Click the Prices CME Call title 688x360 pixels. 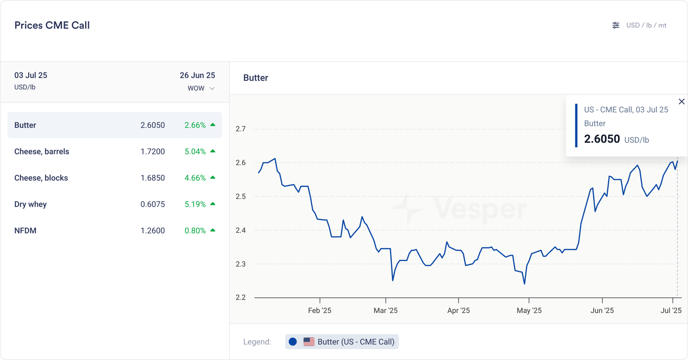click(52, 25)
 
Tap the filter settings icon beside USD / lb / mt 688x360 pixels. click(616, 25)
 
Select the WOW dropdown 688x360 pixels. click(201, 88)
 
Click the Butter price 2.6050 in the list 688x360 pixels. click(153, 125)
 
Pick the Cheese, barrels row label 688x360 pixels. click(42, 151)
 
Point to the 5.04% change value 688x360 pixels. click(195, 151)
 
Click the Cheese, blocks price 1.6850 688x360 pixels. click(153, 178)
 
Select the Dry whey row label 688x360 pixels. click(31, 204)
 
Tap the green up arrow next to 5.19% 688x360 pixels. click(213, 204)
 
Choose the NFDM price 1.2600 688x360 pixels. click(153, 231)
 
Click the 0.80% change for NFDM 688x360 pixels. click(195, 231)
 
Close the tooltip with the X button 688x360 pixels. click(682, 102)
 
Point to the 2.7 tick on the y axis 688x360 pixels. click(241, 129)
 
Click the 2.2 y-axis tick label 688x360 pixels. click(241, 297)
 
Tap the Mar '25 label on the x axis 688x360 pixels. click(386, 311)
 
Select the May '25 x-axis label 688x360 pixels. click(529, 311)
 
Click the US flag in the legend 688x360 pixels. click(309, 342)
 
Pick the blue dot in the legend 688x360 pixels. click(293, 342)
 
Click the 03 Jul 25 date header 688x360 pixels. click(31, 75)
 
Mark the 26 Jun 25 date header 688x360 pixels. click(197, 75)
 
